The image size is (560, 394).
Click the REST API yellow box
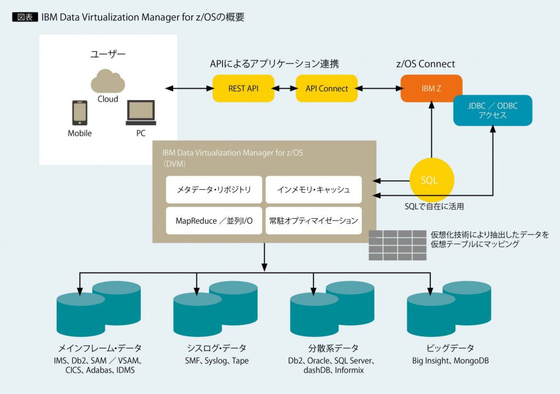[x=243, y=88]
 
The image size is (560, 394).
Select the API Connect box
[x=326, y=88]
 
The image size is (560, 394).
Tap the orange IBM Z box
[x=431, y=88]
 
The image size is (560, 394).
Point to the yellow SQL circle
[x=431, y=180]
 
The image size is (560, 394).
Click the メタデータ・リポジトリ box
[x=214, y=190]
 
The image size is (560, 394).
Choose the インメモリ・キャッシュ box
[x=314, y=190]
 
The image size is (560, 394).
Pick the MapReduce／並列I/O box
[x=214, y=221]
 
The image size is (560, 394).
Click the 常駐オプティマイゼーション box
[x=314, y=221]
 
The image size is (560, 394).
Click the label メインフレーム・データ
[x=100, y=348]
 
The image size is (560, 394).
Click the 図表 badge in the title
[x=25, y=17]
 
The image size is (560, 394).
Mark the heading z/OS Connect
[x=425, y=64]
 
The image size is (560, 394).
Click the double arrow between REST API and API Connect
[x=285, y=88]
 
